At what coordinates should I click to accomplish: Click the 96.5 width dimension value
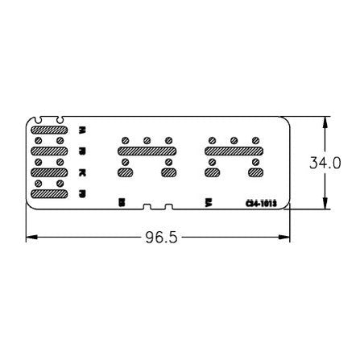[159, 238]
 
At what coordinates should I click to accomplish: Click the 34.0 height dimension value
[326, 163]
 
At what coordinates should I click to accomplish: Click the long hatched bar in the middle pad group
[147, 151]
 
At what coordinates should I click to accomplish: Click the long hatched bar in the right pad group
[234, 151]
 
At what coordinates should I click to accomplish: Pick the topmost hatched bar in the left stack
[48, 129]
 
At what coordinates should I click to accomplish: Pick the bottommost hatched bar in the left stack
[48, 193]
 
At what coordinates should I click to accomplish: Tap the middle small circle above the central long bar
[147, 140]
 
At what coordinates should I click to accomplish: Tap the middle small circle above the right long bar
[234, 140]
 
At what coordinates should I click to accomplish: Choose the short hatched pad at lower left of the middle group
[126, 172]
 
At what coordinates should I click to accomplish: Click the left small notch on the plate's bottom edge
[143, 208]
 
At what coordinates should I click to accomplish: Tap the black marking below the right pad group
[208, 202]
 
